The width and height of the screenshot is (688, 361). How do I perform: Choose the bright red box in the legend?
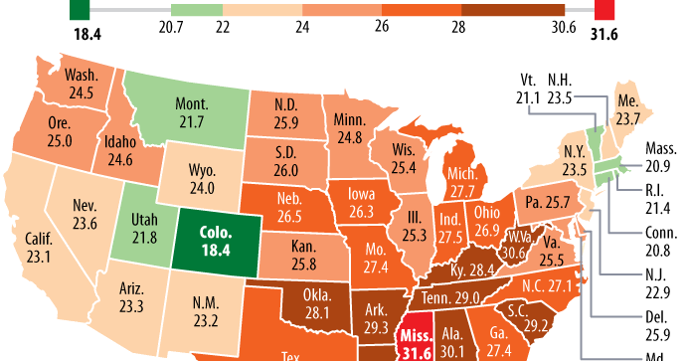[x=605, y=9]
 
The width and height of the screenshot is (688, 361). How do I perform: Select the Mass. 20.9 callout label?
[x=658, y=155]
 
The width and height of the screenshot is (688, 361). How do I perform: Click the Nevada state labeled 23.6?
[x=84, y=215]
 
